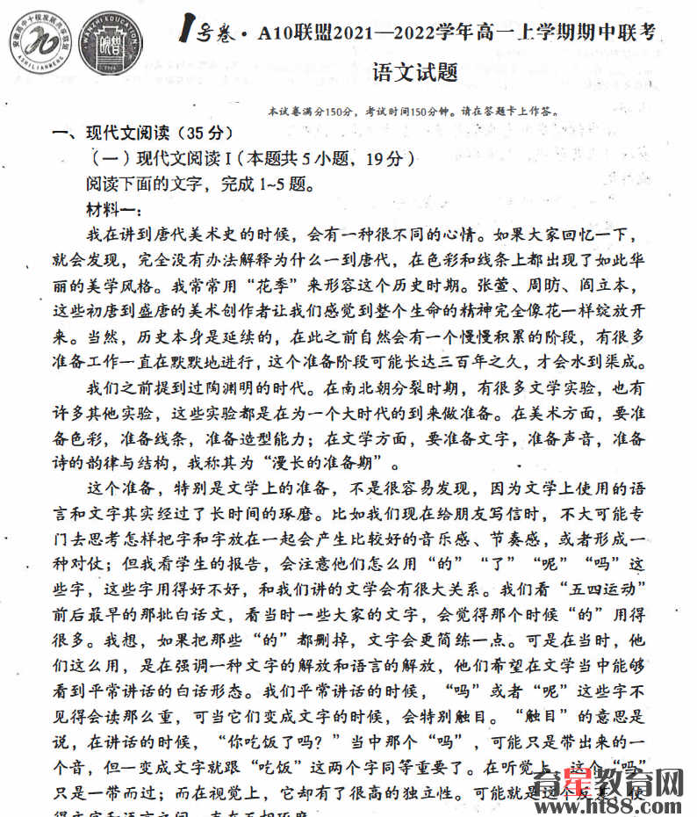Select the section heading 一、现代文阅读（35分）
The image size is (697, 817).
140,134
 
